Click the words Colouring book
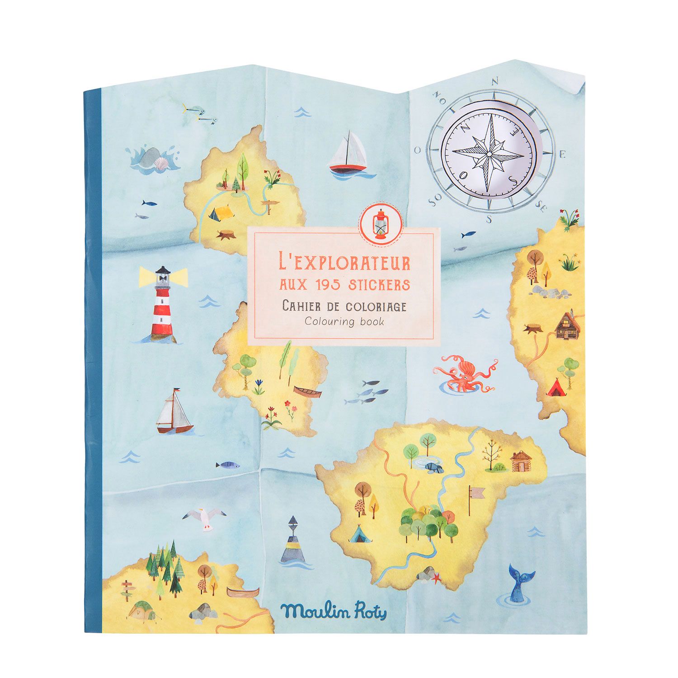point(344,322)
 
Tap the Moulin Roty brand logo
point(333,612)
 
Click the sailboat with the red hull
point(347,154)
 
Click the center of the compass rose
point(488,154)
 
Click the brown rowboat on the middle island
point(307,391)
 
